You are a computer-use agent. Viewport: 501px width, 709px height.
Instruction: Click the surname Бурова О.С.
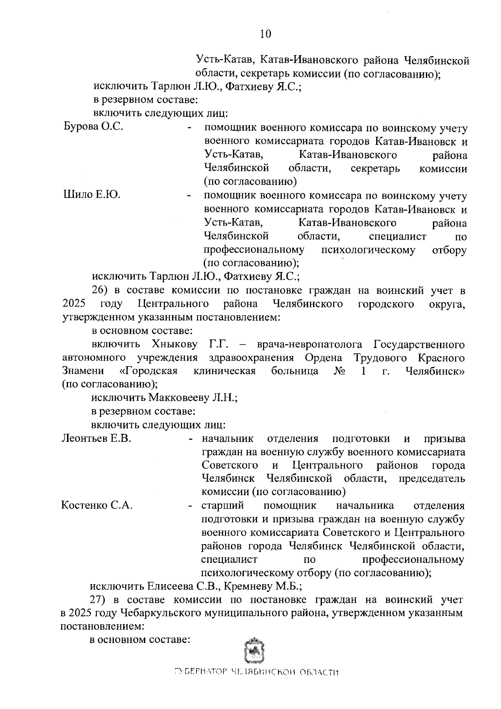[x=93, y=127]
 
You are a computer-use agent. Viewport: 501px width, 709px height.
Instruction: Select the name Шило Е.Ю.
[x=91, y=195]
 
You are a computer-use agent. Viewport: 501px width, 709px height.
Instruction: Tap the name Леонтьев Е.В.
[x=96, y=438]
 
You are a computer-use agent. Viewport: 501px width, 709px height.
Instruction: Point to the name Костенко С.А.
[x=97, y=506]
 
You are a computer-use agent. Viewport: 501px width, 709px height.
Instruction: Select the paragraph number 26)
[x=100, y=290]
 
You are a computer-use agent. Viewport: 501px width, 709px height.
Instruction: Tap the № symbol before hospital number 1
[x=339, y=371]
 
